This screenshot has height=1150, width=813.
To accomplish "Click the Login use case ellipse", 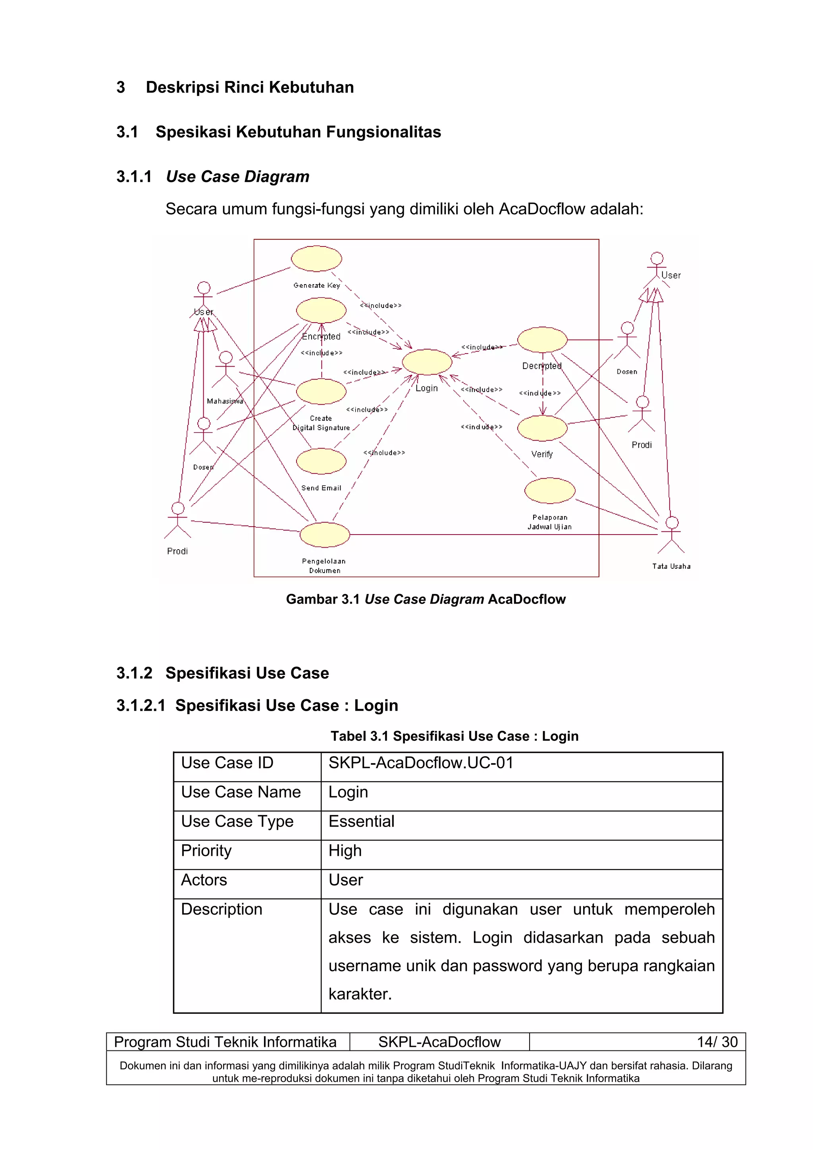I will [427, 362].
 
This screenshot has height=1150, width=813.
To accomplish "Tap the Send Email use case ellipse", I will [321, 461].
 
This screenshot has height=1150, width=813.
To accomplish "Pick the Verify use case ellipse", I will [542, 428].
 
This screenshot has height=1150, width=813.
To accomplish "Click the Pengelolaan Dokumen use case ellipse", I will [325, 535].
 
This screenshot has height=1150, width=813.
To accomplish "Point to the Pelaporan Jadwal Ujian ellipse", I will [549, 490].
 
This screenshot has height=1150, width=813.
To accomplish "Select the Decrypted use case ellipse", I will [542, 340].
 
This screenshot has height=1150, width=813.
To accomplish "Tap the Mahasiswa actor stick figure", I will [225, 369].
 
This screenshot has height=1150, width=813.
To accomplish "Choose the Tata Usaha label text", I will [671, 566].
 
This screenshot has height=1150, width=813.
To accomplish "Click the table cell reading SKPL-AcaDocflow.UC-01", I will [421, 763].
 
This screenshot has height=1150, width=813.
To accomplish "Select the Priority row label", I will [206, 850].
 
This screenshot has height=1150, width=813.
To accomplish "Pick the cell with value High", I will [345, 850].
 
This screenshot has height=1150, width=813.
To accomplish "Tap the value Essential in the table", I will [361, 821].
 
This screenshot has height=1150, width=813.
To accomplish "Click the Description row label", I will [222, 909].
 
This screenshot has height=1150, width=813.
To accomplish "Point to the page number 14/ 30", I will [717, 1042].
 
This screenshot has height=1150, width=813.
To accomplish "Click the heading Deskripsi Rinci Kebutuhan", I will [249, 87].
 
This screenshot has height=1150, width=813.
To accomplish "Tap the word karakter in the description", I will [360, 994].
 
